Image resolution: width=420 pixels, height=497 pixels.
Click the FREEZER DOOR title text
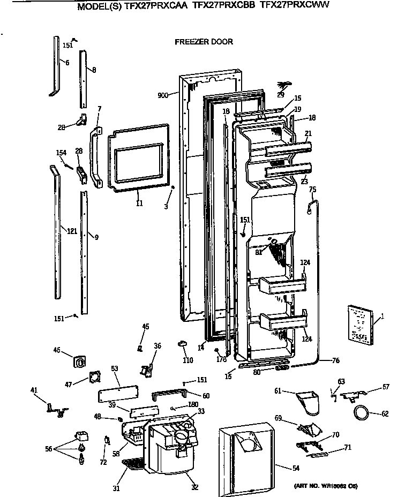click(x=204, y=41)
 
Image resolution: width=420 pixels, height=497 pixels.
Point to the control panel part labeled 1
click(x=359, y=323)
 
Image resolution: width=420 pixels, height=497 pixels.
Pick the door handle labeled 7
click(x=97, y=157)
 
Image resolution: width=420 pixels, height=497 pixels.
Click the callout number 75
click(x=312, y=189)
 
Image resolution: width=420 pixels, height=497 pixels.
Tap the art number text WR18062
click(x=326, y=485)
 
